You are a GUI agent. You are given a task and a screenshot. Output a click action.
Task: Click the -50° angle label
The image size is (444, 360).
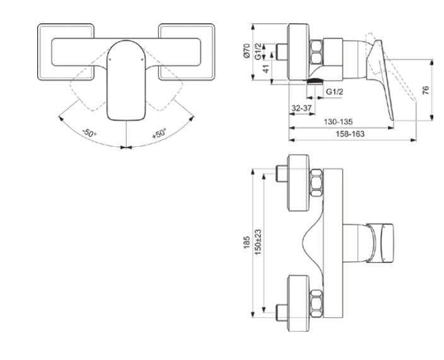(x=89, y=134)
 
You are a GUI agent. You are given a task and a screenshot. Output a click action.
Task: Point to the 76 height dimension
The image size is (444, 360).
(x=426, y=90)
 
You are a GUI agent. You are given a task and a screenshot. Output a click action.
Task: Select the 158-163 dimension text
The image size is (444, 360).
(x=350, y=134)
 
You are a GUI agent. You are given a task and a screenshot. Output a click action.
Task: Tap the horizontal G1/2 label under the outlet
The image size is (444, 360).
(x=335, y=92)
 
